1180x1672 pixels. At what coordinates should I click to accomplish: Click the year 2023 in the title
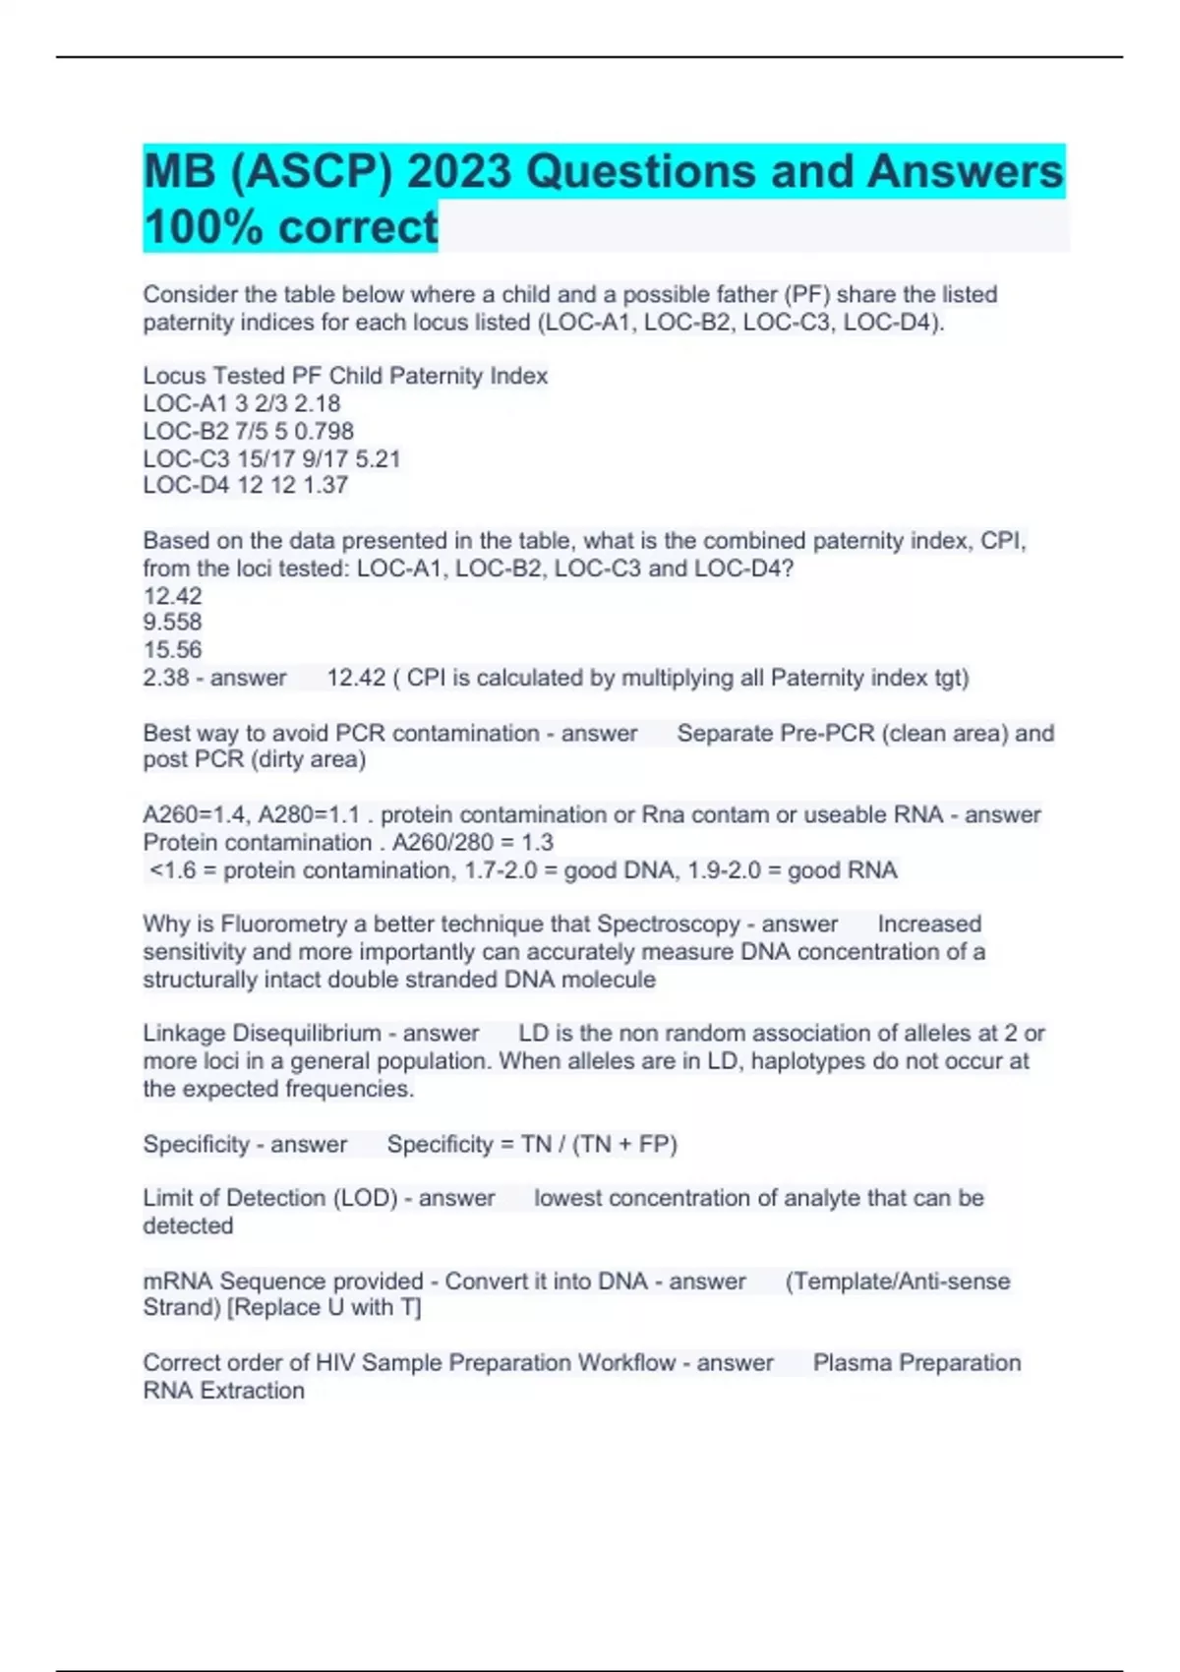click(458, 172)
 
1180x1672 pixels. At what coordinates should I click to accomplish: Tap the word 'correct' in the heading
click(358, 227)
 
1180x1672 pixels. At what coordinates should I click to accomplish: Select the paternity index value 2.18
click(317, 403)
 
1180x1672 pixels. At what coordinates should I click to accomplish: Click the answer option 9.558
click(172, 622)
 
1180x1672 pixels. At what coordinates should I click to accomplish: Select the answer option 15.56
click(172, 649)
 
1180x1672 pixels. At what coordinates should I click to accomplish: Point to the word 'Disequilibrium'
click(306, 1033)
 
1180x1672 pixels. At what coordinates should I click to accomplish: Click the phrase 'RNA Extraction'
click(223, 1391)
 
